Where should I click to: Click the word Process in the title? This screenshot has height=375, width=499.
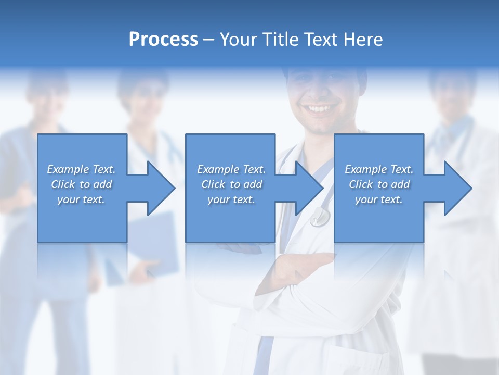click(163, 40)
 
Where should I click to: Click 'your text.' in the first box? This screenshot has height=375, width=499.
click(81, 199)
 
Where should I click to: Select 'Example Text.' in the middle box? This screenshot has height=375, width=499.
click(231, 169)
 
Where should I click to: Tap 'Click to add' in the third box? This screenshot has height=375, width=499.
click(379, 184)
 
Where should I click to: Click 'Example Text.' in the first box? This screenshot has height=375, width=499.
click(81, 169)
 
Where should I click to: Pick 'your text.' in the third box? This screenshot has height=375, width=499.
click(379, 199)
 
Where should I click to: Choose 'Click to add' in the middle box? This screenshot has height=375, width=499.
click(231, 184)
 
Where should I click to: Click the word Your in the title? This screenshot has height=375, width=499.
click(239, 40)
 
